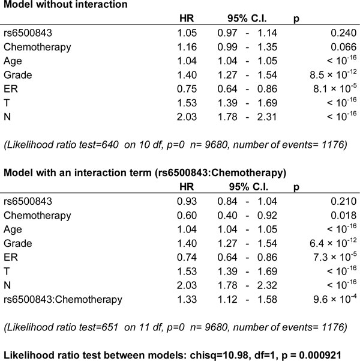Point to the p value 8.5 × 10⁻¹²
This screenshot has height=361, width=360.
(x=328, y=75)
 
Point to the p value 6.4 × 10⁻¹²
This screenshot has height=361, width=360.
(x=328, y=243)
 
